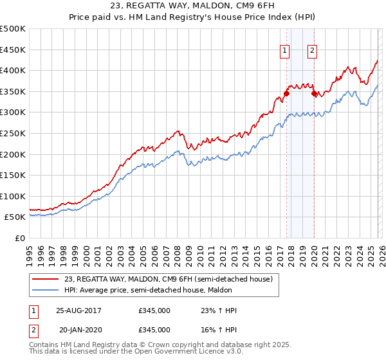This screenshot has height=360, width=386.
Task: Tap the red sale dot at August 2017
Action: tap(286, 93)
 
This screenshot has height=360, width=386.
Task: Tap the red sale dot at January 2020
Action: tap(314, 93)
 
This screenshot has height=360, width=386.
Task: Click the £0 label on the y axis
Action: tap(19, 238)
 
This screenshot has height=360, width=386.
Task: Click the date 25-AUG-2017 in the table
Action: tap(78, 310)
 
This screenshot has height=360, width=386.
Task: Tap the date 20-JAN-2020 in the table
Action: tap(78, 329)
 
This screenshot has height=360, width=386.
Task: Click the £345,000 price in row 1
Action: tap(154, 310)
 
